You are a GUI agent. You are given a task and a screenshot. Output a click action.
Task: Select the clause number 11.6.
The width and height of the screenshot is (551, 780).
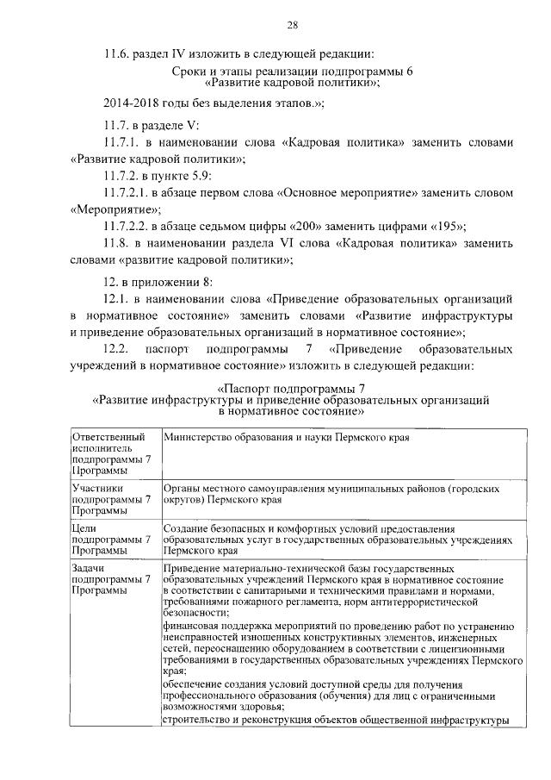click(x=116, y=53)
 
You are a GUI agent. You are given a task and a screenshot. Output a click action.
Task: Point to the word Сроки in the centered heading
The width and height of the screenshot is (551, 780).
click(x=191, y=72)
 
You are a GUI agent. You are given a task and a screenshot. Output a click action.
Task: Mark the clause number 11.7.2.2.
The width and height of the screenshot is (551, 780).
click(x=127, y=227)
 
